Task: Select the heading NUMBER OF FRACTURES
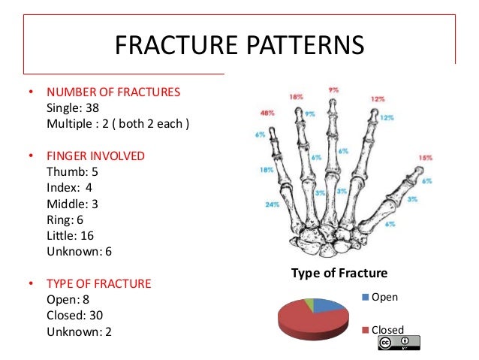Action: [x=113, y=92]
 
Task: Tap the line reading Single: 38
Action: [x=75, y=108]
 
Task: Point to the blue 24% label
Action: [x=272, y=204]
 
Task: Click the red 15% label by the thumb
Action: [x=426, y=158]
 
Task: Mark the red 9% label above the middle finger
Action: [x=333, y=90]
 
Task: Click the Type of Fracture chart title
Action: [x=339, y=274]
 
